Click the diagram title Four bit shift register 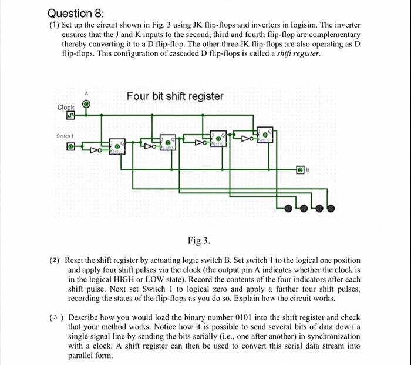pos(174,96)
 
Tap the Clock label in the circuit pos(66,107)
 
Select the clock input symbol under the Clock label pos(62,117)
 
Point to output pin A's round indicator pos(86,104)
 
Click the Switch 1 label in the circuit pos(65,135)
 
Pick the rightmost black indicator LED pos(331,207)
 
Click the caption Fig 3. pos(199,241)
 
